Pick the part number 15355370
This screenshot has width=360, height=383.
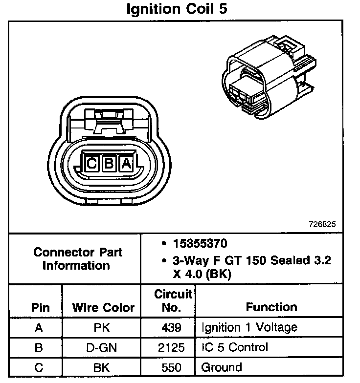200,243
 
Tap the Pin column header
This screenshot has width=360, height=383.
41,308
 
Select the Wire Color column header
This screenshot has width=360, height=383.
103,308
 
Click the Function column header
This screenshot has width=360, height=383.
271,307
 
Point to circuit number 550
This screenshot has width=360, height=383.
171,367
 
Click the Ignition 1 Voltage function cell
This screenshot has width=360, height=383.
248,327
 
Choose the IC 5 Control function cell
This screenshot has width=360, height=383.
234,347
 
